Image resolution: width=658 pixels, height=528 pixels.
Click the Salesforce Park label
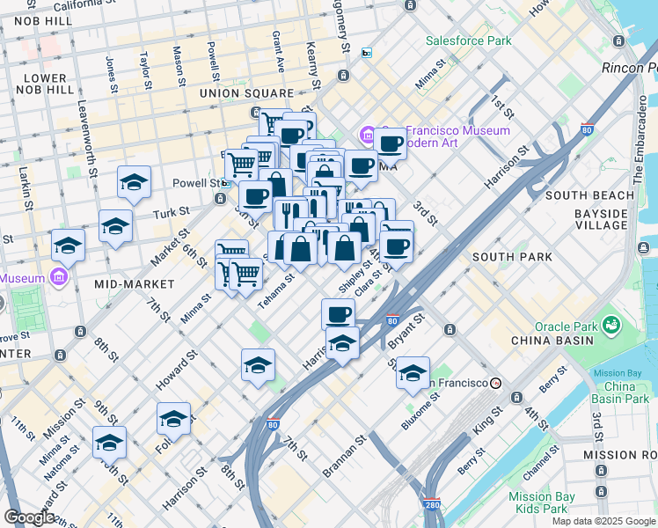pyautogui.click(x=468, y=40)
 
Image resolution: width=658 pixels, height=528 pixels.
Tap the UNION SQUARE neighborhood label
pyautogui.click(x=246, y=93)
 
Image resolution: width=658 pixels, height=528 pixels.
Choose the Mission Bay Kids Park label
pyautogui.click(x=542, y=503)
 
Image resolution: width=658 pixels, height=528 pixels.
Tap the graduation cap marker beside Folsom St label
pyautogui.click(x=173, y=420)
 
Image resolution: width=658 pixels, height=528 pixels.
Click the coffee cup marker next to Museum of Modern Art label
pyautogui.click(x=391, y=143)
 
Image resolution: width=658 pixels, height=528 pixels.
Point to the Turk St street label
pyautogui.click(x=172, y=212)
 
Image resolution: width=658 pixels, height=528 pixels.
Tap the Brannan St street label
pyautogui.click(x=342, y=456)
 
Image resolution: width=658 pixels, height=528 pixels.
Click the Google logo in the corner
pyautogui.click(x=29, y=517)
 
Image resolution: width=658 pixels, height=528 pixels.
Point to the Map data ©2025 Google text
pyautogui.click(x=603, y=521)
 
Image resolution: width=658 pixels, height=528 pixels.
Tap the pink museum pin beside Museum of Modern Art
pyautogui.click(x=367, y=135)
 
